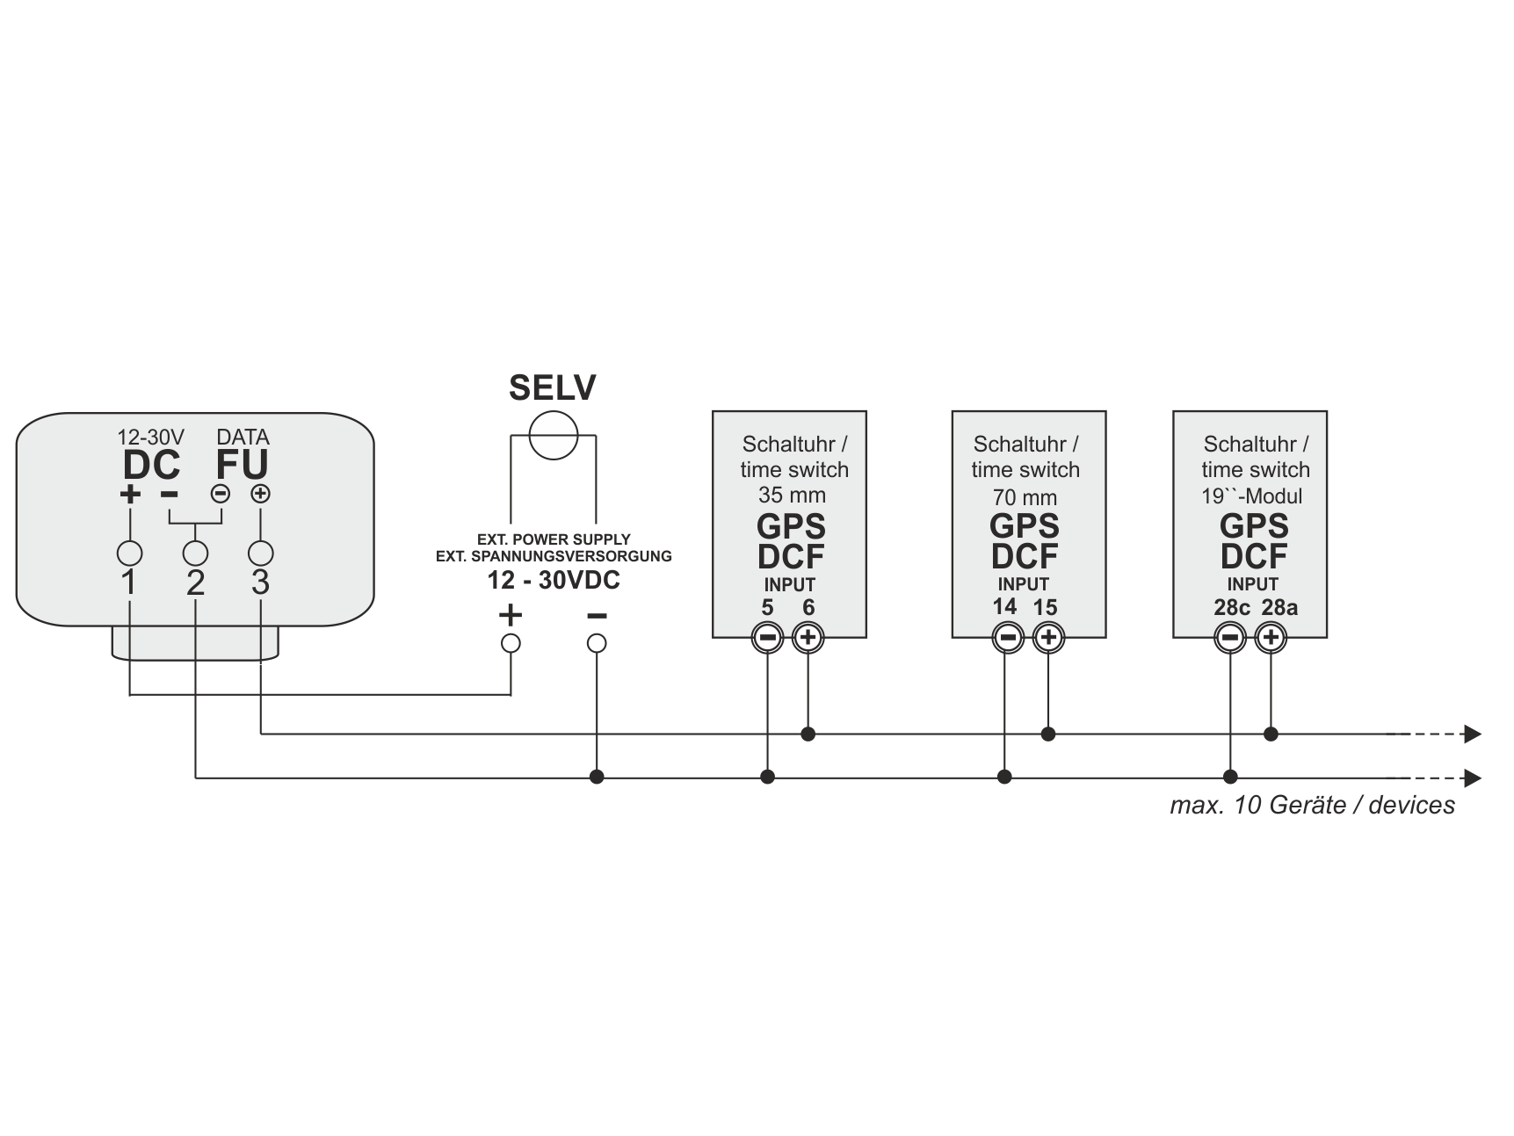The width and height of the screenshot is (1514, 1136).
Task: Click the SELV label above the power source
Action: [x=552, y=388]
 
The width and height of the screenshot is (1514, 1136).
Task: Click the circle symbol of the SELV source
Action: [x=553, y=435]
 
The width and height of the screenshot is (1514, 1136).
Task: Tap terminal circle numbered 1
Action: [x=129, y=554]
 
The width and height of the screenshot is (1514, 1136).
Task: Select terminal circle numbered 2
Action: [x=195, y=554]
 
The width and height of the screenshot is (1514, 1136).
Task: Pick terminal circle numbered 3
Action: [x=260, y=554]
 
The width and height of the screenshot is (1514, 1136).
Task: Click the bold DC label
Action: [x=151, y=465]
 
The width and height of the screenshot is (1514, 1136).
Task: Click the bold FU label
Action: [x=242, y=465]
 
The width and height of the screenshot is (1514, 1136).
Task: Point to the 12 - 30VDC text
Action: [x=554, y=581]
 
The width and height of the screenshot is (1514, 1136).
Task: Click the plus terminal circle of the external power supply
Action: [x=511, y=643]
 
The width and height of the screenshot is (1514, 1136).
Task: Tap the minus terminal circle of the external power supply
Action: [x=597, y=643]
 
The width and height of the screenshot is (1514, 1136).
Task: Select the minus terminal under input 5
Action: [x=767, y=638]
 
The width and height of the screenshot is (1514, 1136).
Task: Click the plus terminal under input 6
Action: [x=808, y=638]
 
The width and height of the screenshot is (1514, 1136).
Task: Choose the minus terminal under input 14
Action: [x=1007, y=638]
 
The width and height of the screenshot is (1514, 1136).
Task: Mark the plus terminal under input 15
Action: [x=1047, y=638]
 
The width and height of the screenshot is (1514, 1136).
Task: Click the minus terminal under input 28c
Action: [x=1230, y=638]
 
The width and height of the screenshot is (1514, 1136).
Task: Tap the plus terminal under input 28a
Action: [x=1271, y=638]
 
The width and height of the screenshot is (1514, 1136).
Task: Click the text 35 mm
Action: [x=792, y=496]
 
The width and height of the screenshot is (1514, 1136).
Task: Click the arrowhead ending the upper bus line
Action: [x=1473, y=734]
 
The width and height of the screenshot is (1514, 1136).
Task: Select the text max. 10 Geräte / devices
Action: [x=1312, y=805]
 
